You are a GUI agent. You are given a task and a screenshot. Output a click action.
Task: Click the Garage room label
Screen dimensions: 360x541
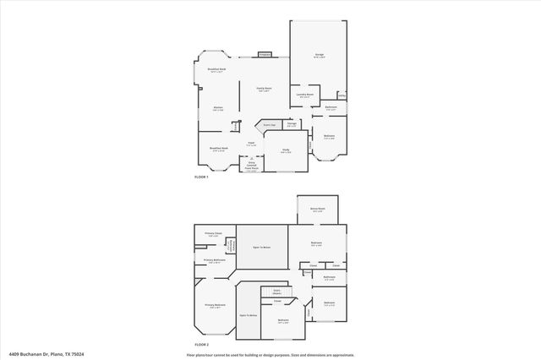point(320,56)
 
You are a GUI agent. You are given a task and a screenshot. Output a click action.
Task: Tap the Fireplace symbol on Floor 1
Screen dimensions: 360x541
point(265,54)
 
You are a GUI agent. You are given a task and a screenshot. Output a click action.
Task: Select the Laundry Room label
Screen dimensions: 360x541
point(305,95)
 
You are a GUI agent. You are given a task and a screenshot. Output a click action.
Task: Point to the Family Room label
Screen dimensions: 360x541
point(264,88)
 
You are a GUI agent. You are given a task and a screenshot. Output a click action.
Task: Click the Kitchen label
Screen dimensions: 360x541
point(218,108)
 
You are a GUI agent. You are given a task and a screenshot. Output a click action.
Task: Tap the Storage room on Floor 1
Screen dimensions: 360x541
point(292,125)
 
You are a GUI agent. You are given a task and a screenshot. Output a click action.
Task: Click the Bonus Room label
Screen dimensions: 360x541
point(317,210)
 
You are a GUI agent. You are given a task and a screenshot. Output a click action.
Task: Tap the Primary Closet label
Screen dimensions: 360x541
point(213,234)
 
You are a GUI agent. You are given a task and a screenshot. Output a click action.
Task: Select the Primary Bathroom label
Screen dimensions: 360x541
point(213,260)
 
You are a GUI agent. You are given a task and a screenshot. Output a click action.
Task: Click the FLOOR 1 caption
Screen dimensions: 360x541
point(201,177)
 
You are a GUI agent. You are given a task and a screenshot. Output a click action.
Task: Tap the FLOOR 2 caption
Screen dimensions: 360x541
point(201,346)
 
